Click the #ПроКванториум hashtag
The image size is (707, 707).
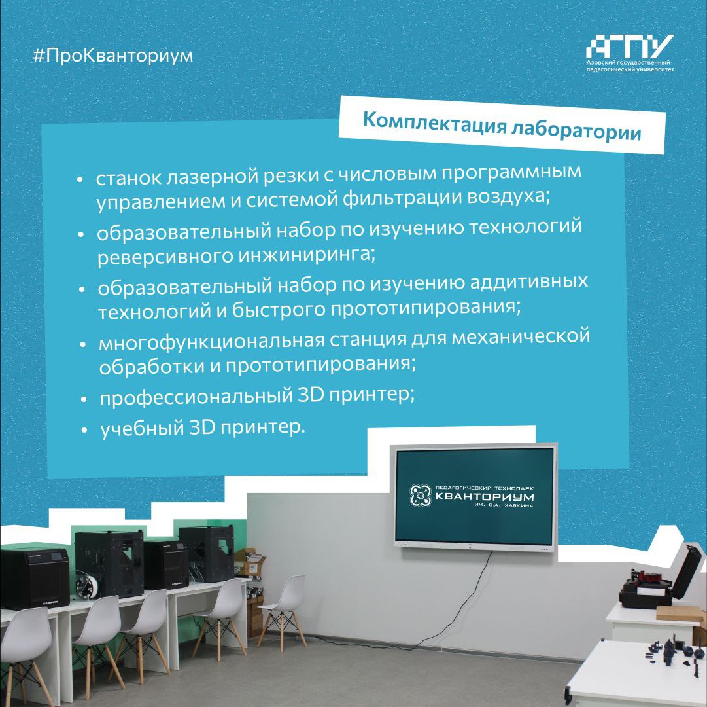pos(113,55)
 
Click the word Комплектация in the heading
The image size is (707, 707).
pos(435,122)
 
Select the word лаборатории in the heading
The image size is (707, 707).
pos(576,132)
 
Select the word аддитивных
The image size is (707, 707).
pos(529,281)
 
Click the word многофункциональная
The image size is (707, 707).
pos(211,342)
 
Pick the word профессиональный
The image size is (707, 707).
pos(196,397)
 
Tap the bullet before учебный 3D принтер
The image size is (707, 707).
pos(84,431)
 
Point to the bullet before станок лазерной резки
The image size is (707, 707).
pos(80,179)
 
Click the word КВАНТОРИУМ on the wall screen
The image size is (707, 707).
pos(484,498)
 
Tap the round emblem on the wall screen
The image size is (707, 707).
pos(421,495)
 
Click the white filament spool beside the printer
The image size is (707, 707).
pos(87,585)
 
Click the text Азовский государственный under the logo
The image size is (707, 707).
pos(628,62)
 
